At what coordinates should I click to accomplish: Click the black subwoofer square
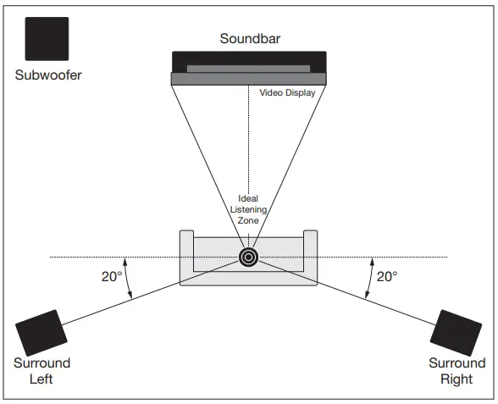[x=47, y=38]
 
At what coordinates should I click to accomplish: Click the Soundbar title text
[x=249, y=38]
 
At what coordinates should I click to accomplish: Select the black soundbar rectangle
[x=249, y=61]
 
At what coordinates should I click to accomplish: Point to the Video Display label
[x=287, y=93]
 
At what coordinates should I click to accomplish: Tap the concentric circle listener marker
[x=248, y=257]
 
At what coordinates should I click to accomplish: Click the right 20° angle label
[x=387, y=276]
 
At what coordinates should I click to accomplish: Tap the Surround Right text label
[x=456, y=371]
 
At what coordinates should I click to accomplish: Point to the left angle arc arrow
[x=129, y=278]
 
